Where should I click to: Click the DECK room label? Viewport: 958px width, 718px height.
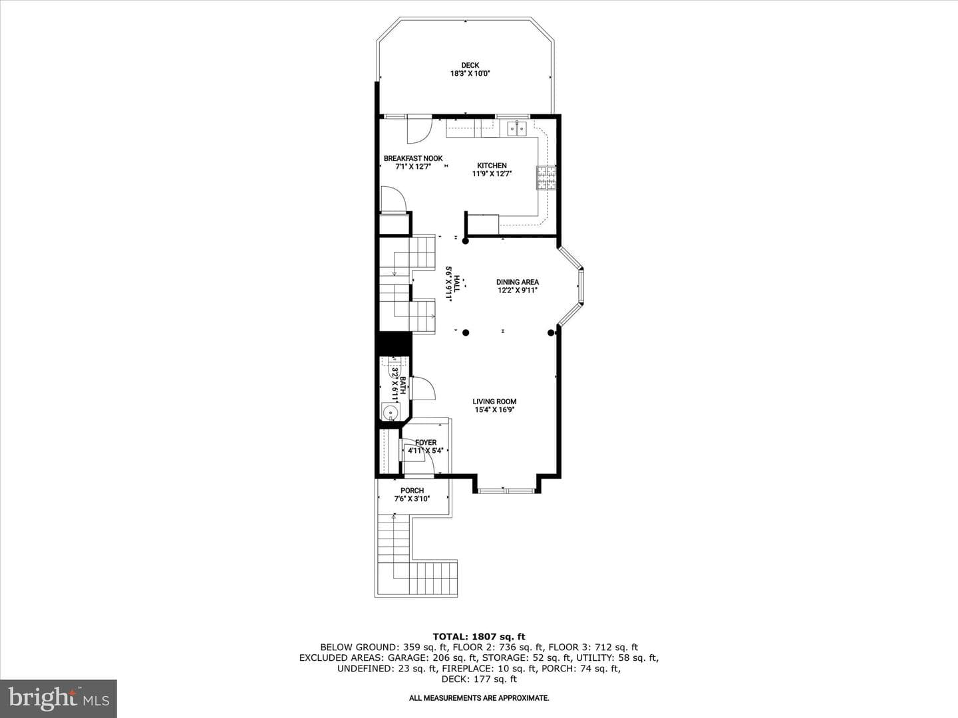click(x=470, y=65)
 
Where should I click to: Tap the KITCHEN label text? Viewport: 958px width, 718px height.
click(x=492, y=166)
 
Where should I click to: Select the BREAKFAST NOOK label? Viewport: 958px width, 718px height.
click(x=413, y=159)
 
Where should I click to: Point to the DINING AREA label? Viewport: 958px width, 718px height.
click(x=517, y=282)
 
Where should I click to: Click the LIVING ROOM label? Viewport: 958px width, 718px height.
click(x=494, y=402)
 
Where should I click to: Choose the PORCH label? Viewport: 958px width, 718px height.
click(x=412, y=491)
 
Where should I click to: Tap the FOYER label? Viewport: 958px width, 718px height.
click(x=426, y=443)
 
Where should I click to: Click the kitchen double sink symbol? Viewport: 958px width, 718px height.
click(x=517, y=128)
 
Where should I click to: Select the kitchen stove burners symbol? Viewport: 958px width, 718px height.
click(x=546, y=178)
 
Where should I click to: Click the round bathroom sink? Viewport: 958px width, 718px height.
click(x=391, y=411)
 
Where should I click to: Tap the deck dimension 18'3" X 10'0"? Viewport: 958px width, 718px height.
click(x=470, y=74)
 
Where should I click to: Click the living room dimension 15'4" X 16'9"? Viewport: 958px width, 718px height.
click(x=494, y=410)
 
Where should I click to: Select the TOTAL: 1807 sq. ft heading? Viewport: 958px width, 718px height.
click(x=479, y=637)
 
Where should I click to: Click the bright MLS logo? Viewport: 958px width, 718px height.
click(x=59, y=699)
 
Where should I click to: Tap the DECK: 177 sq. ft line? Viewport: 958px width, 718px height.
click(x=479, y=679)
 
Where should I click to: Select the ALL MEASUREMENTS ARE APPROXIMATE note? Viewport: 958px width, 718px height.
click(x=479, y=698)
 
